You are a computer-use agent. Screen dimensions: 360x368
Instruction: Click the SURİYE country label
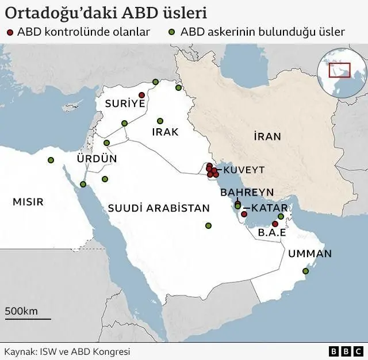124,104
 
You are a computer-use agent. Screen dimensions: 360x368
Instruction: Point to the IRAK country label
165,132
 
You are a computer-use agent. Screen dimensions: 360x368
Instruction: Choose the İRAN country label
267,136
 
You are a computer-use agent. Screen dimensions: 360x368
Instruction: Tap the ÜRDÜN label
97,158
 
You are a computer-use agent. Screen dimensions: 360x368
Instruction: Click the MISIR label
28,202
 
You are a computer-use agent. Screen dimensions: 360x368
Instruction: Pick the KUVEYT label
244,170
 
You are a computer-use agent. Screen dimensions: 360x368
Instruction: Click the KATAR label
266,208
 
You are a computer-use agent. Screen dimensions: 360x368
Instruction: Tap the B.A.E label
273,233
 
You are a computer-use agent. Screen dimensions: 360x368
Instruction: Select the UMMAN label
310,253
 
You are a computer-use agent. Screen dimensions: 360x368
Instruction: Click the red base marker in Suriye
141,95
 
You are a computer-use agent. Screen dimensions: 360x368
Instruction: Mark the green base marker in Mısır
51,160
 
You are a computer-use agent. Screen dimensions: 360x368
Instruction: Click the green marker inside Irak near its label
160,121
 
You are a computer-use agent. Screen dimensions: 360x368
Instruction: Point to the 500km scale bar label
21,311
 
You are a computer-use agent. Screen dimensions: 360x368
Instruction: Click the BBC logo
345,351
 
